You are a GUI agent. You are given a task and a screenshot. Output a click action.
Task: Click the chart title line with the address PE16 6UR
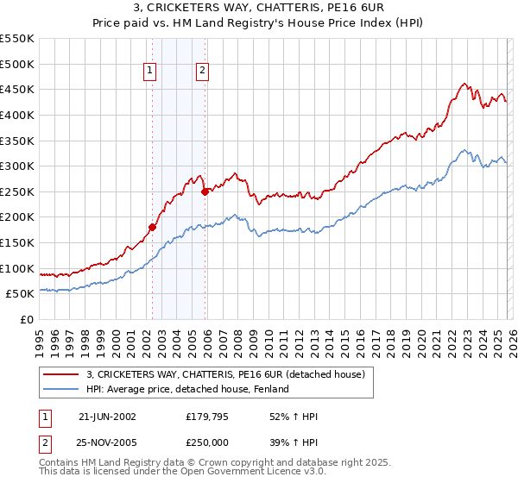258,9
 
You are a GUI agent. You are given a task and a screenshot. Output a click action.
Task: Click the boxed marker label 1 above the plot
150,72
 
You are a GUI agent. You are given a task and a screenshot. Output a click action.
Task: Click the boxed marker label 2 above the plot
202,72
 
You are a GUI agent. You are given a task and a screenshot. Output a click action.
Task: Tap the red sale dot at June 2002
153,228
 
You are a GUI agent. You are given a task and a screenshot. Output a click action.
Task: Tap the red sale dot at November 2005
205,192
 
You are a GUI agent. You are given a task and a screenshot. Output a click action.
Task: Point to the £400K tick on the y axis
17,115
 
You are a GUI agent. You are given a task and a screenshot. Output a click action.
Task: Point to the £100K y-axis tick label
17,268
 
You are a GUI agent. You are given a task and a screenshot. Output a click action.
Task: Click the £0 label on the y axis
26,319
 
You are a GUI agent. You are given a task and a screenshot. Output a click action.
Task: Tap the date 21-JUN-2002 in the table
107,417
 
